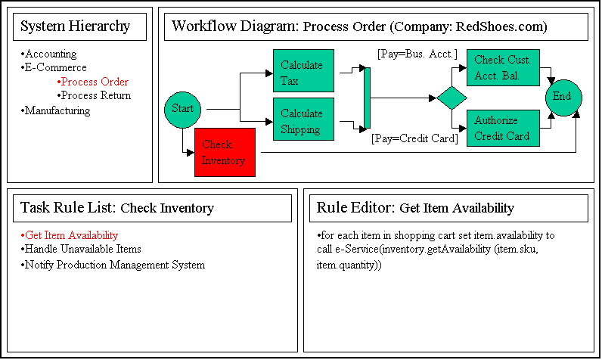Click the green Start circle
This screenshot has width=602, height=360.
182,109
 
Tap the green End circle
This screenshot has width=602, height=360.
563,97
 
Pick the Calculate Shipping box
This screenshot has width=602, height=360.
303,121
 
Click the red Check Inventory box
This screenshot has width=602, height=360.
225,152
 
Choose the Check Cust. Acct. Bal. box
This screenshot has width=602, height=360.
502,67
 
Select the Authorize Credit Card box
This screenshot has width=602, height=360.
502,128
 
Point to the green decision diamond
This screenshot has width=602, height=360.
451,98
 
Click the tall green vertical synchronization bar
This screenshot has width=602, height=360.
368,98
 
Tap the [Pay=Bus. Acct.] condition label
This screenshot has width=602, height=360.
417,54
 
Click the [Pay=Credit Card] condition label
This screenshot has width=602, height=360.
414,138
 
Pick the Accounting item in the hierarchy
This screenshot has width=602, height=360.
51,54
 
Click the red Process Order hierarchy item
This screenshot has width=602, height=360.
95,82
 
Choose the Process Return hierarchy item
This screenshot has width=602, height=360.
95,96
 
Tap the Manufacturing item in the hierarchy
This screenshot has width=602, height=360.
57,111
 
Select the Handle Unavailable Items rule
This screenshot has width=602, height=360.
82,249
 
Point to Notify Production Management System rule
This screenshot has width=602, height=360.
114,265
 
